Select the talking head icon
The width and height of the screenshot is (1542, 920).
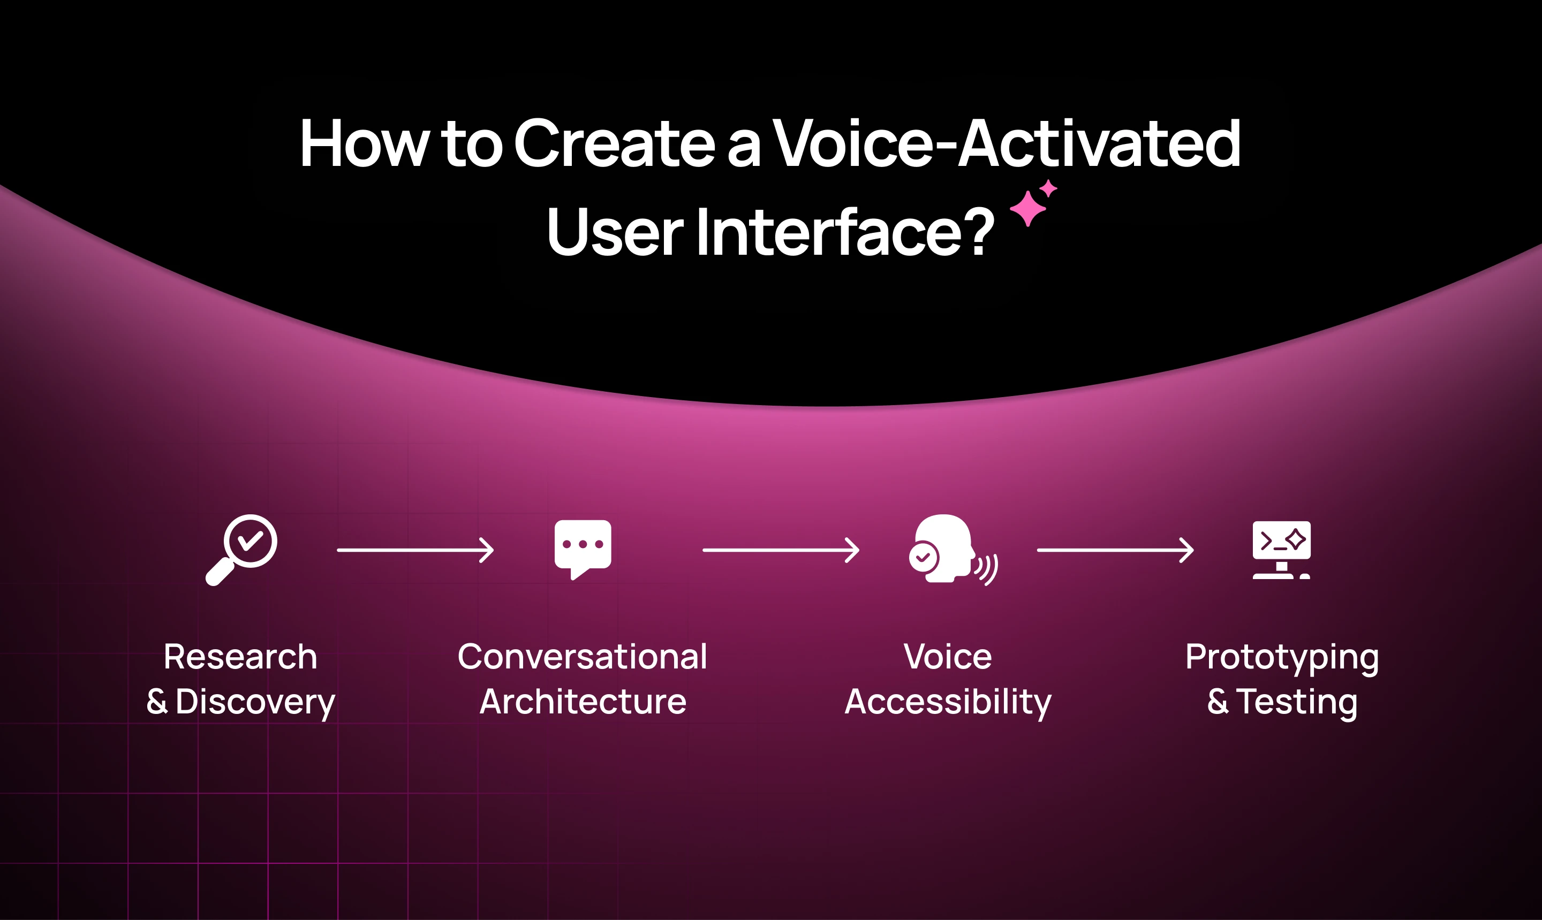click(x=953, y=549)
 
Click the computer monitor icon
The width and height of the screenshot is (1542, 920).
click(x=1281, y=550)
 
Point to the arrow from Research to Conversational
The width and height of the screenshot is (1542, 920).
click(x=415, y=550)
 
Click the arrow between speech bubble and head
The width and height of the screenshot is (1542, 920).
click(x=781, y=550)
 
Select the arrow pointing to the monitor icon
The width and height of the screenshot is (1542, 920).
click(x=1115, y=550)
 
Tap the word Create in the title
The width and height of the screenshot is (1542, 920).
click(x=615, y=143)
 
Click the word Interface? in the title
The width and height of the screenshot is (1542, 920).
click(x=845, y=231)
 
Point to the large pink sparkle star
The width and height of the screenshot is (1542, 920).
click(x=1027, y=209)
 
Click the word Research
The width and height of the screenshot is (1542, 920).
click(x=240, y=657)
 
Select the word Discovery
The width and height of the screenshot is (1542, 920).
click(x=255, y=702)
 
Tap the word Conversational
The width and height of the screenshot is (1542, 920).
click(x=582, y=657)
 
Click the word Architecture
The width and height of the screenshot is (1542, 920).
click(x=583, y=702)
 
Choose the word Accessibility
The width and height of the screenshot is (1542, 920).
click(x=948, y=702)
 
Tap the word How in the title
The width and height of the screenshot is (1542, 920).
click(x=364, y=143)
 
